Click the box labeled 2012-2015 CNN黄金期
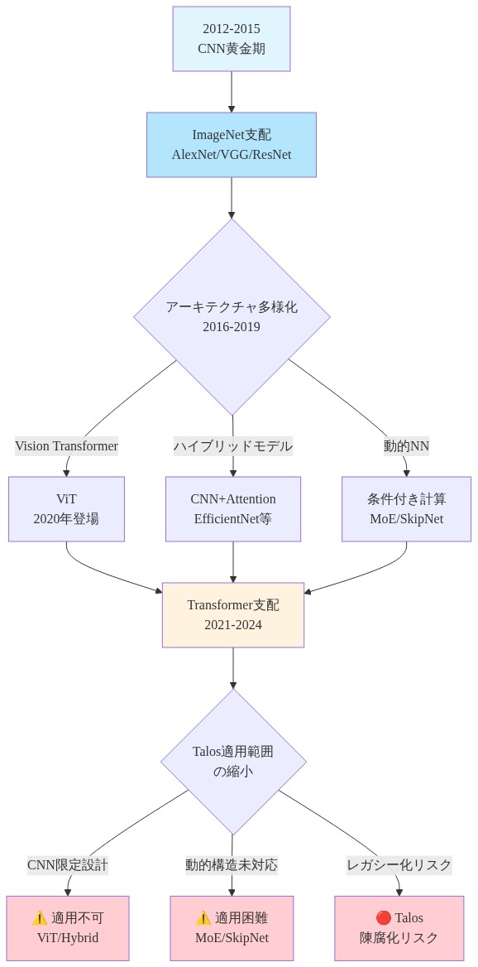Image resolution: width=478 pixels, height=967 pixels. click(x=232, y=39)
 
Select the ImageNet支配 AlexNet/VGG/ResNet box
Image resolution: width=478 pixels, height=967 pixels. click(x=232, y=145)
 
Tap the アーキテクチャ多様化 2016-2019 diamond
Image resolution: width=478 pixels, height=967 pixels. click(x=232, y=316)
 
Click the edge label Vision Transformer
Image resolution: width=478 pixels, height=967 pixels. click(x=66, y=446)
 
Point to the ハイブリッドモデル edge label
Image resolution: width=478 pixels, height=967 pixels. click(x=232, y=446)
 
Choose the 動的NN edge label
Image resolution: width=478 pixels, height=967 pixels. click(x=406, y=446)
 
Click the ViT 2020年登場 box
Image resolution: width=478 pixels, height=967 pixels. click(x=66, y=509)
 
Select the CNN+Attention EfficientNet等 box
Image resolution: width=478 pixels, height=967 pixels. click(x=233, y=509)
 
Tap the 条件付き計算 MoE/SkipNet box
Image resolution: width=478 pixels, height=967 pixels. click(x=406, y=509)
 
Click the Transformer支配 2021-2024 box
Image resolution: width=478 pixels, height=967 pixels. click(x=233, y=615)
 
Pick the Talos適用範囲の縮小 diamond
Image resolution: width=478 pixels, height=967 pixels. click(x=233, y=762)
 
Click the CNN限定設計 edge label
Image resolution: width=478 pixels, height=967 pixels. click(x=68, y=865)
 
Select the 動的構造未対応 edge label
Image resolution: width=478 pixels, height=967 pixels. click(x=232, y=865)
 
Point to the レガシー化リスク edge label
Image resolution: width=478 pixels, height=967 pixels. click(x=399, y=865)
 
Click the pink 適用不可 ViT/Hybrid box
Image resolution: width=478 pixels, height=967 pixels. click(x=68, y=928)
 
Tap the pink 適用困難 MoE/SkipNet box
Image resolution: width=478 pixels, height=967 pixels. click(x=232, y=928)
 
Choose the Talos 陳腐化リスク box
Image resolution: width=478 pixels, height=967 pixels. click(x=399, y=928)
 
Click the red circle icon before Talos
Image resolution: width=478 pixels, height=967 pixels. click(x=383, y=918)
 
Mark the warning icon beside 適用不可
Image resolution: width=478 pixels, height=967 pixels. click(x=40, y=918)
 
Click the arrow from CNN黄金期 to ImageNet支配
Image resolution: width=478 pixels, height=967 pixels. click(x=232, y=92)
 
